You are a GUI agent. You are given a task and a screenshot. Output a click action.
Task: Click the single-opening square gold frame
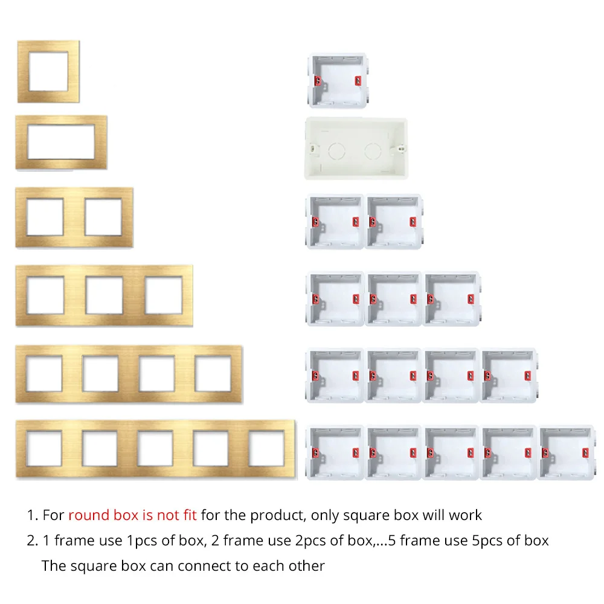point(23,72)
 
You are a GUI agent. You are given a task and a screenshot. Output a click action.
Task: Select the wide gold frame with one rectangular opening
point(22,142)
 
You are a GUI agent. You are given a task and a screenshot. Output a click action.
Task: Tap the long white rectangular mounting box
point(356,149)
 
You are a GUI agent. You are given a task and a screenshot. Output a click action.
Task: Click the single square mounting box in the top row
point(338,80)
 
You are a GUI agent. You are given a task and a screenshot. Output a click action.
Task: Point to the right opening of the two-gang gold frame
point(103,217)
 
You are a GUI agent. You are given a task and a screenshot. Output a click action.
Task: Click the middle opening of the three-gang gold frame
point(104,295)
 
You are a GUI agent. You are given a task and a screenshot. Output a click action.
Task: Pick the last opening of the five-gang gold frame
point(266,448)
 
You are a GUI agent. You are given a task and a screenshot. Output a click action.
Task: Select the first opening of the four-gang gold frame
point(44,374)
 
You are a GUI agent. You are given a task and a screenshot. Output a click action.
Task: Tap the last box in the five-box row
point(567,452)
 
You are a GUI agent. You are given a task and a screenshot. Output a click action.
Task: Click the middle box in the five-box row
point(451,452)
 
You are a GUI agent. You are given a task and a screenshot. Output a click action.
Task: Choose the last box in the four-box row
point(509,376)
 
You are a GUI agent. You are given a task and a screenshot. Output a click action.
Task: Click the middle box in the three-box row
point(393,298)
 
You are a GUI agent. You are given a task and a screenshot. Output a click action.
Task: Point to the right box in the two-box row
point(394,222)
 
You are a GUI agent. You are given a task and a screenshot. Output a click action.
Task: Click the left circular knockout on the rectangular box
point(336,150)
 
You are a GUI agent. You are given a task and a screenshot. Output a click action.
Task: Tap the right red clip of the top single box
point(358,81)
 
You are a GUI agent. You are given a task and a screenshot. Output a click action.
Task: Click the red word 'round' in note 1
point(89,515)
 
